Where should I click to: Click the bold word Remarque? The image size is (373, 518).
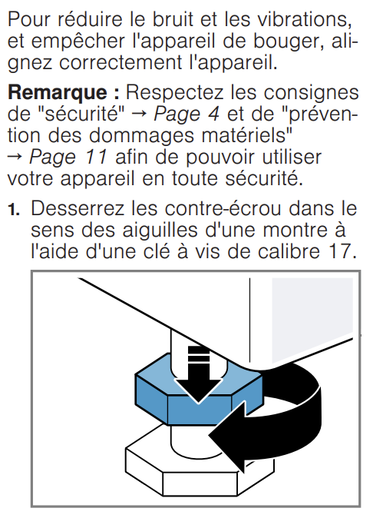58,93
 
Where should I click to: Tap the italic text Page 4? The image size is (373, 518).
186,115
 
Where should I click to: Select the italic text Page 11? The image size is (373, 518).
68,158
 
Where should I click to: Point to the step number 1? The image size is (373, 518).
14,210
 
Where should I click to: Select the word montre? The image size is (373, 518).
296,231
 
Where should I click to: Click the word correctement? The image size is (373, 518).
120,62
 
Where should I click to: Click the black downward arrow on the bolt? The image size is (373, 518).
199,374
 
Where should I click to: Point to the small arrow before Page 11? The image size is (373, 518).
15,158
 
